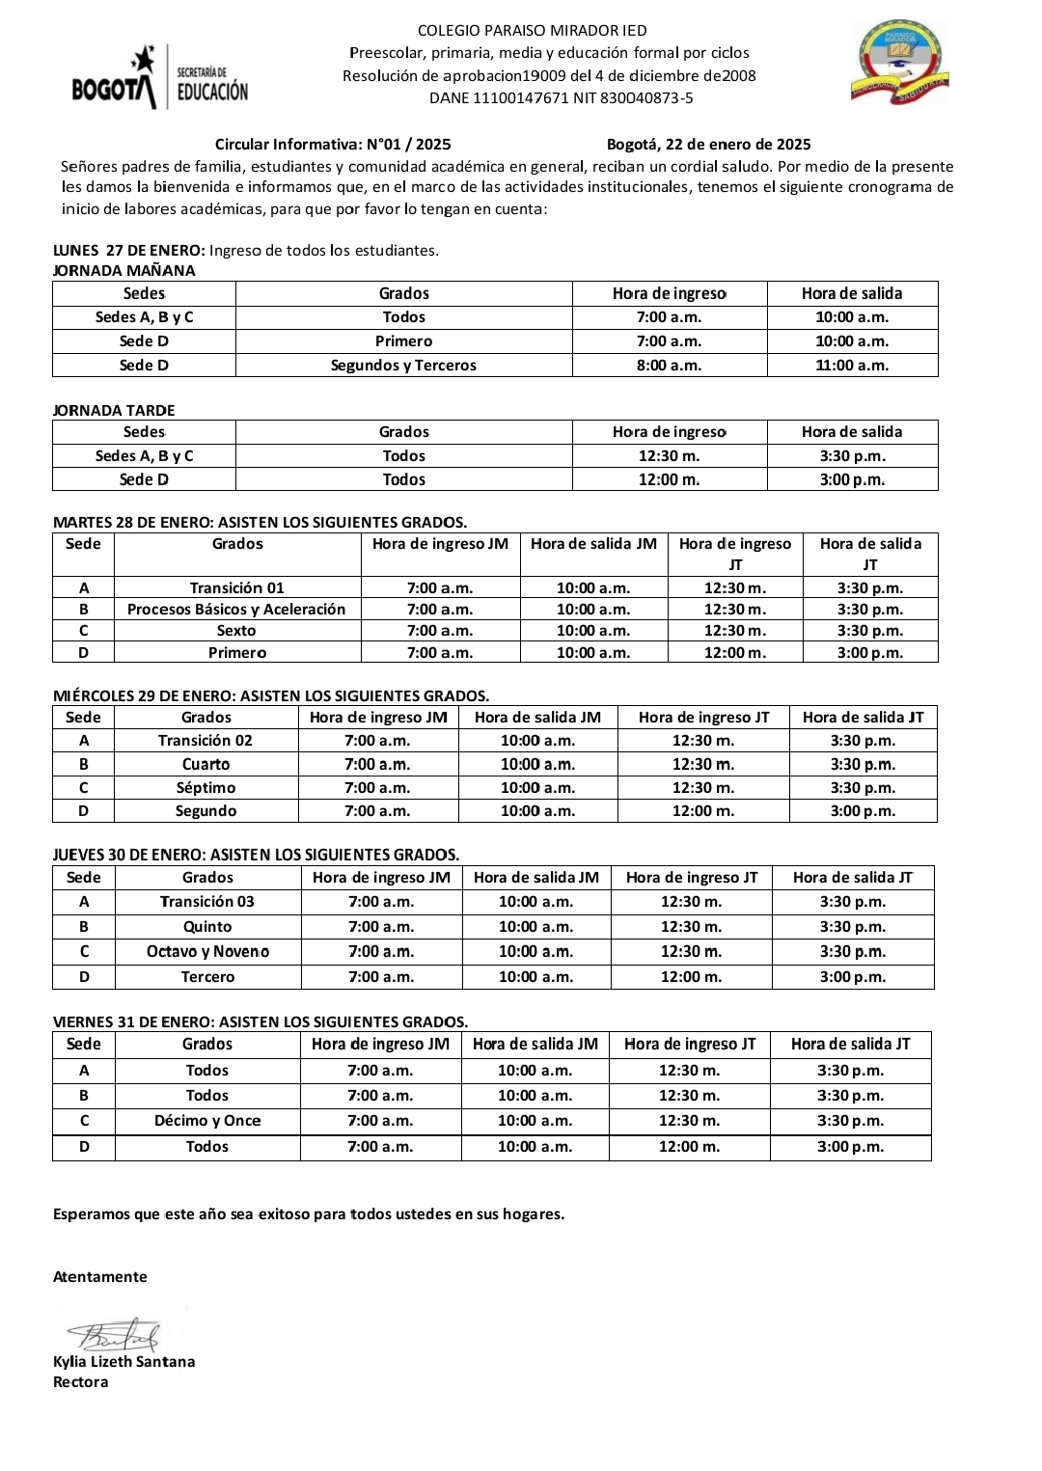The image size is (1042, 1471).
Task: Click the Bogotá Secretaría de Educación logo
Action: (160, 77)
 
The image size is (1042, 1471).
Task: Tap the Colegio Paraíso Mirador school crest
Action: (900, 64)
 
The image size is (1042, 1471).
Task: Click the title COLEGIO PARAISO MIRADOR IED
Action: (533, 31)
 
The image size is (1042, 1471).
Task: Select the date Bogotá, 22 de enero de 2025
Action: (708, 145)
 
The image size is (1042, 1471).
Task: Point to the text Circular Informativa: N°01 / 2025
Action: (333, 145)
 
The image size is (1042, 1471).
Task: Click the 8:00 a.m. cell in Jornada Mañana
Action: (669, 365)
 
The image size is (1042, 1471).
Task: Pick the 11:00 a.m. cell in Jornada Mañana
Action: (852, 365)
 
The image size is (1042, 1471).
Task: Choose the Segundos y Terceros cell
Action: (403, 365)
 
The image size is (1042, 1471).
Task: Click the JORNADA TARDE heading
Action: (114, 410)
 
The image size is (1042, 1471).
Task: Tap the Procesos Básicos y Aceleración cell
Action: (236, 610)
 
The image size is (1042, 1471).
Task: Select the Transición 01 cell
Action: (236, 587)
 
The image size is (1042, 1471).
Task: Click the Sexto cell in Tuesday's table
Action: (236, 631)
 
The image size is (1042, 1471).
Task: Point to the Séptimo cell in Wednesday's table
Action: (206, 787)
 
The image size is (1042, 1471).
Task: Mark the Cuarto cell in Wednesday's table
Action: (206, 764)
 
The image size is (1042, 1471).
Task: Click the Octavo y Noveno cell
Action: (207, 951)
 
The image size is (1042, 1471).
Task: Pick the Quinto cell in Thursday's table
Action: (207, 926)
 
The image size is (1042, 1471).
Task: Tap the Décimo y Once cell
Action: (207, 1121)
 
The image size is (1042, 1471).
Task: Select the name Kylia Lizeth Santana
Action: (123, 1362)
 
